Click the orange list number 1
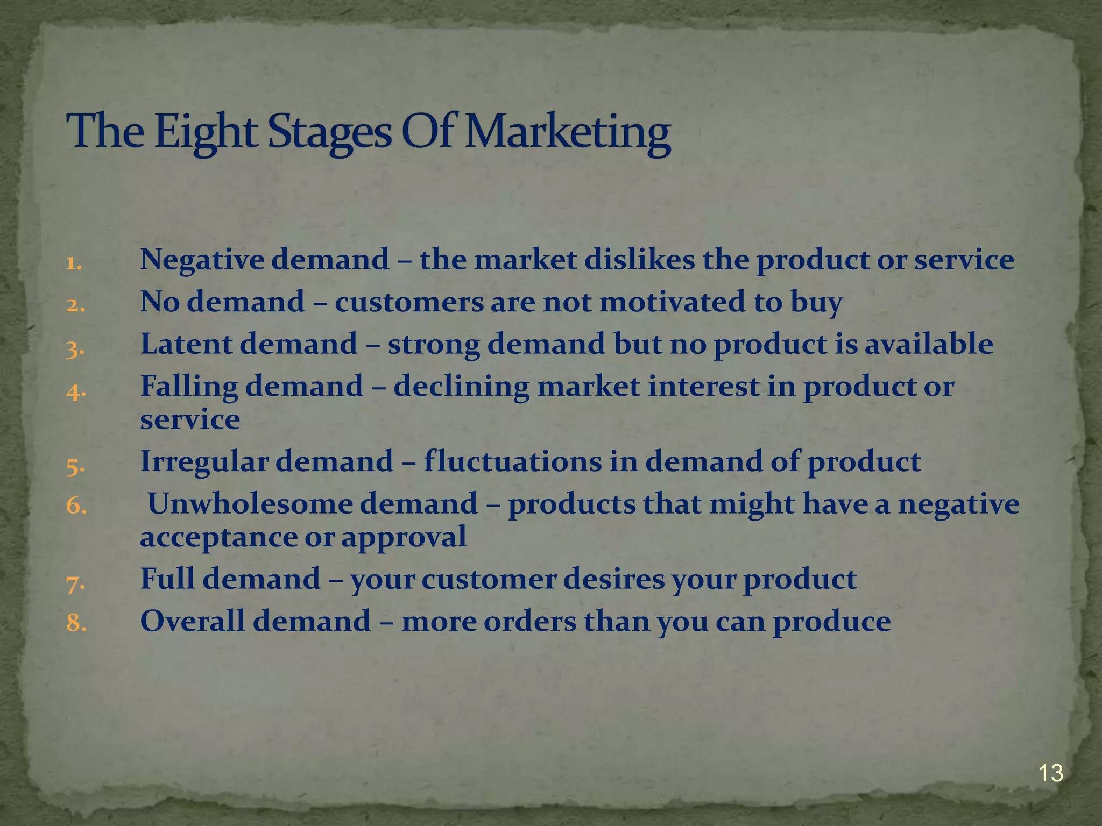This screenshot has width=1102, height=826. pos(74,264)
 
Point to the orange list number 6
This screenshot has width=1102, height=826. pos(76,505)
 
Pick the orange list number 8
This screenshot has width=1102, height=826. pos(76,623)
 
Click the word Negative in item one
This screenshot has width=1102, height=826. pos(201,260)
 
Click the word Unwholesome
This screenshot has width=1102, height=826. pos(250,504)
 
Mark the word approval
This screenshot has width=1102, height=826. pos(404,537)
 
